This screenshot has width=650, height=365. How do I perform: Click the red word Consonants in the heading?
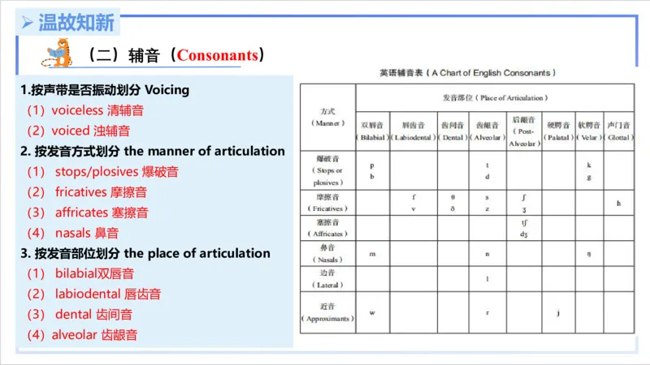pyautogui.click(x=218, y=56)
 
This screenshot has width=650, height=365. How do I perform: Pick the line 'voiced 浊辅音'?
pyautogui.click(x=78, y=130)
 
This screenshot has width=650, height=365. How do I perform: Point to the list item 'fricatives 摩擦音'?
pyautogui.click(x=102, y=192)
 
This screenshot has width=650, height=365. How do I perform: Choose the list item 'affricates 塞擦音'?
pyautogui.click(x=102, y=213)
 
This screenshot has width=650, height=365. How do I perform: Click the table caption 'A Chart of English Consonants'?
pyautogui.click(x=468, y=73)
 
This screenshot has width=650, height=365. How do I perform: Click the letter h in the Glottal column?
pyautogui.click(x=618, y=203)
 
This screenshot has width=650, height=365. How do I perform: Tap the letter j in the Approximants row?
pyautogui.click(x=558, y=312)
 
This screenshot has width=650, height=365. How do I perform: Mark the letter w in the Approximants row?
pyautogui.click(x=371, y=312)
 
